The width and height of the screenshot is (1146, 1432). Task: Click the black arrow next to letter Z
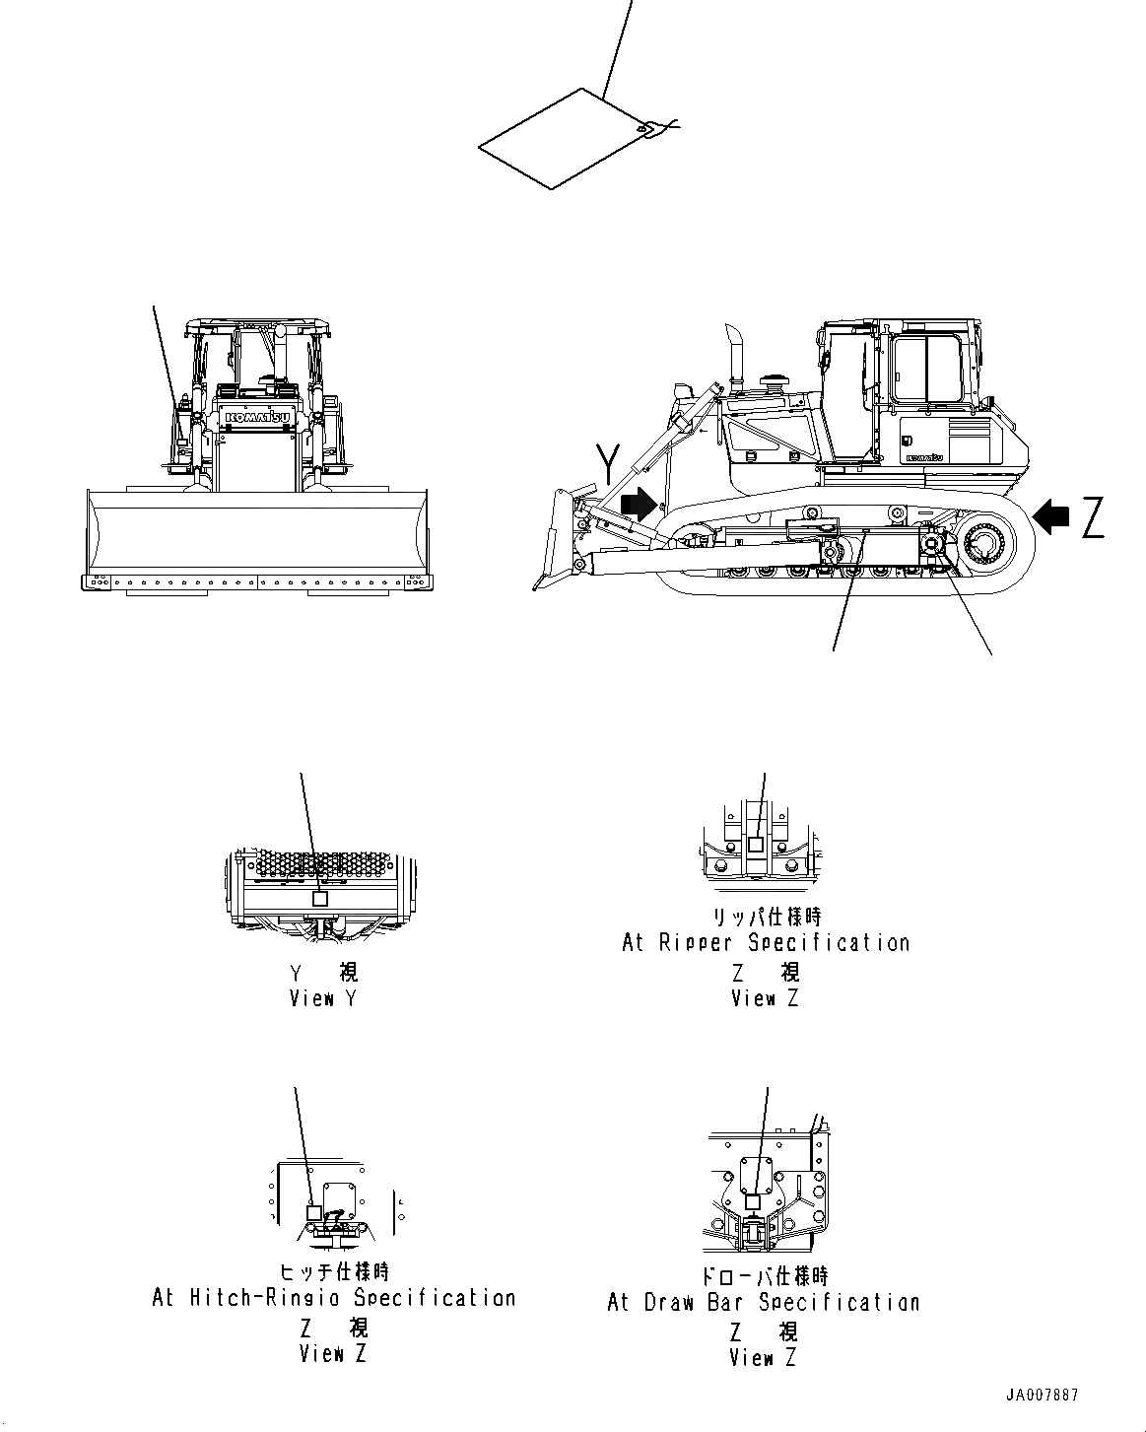pyautogui.click(x=1052, y=515)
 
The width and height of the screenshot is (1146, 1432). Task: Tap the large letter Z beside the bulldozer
pyautogui.click(x=1092, y=517)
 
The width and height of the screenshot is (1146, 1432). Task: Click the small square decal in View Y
pyautogui.click(x=319, y=899)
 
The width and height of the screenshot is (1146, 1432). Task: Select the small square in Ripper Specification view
pyautogui.click(x=755, y=845)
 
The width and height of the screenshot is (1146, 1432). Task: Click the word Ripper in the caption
pyautogui.click(x=696, y=943)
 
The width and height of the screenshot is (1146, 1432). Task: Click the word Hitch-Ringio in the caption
pyautogui.click(x=266, y=1298)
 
